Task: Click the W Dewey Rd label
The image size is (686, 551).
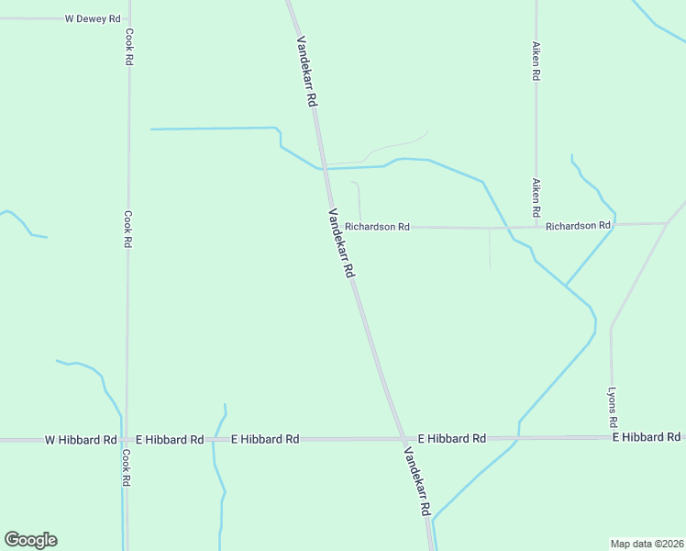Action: [x=93, y=18]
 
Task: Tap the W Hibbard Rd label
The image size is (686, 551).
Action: [x=81, y=440]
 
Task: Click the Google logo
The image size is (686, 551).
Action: [x=30, y=540]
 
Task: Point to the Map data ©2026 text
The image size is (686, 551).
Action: [x=647, y=543]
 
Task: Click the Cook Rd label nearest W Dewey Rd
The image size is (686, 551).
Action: [x=129, y=46]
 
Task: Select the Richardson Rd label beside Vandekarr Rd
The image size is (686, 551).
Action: [x=377, y=226]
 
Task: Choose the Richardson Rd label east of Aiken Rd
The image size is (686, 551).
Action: [x=578, y=225]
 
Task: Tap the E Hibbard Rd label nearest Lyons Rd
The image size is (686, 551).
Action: [x=647, y=437]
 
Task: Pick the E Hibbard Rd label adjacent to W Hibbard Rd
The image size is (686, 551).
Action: [x=170, y=440]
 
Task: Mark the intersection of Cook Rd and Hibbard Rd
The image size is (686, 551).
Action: [x=125, y=440]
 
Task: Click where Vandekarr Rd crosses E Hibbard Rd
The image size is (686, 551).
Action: [x=403, y=439]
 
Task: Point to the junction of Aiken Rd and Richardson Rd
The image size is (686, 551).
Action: [x=537, y=225]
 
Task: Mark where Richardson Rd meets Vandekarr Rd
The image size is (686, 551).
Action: [x=337, y=225]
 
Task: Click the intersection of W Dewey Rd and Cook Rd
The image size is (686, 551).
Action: [x=128, y=18]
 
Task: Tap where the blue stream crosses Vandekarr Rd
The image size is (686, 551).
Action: [x=324, y=169]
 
